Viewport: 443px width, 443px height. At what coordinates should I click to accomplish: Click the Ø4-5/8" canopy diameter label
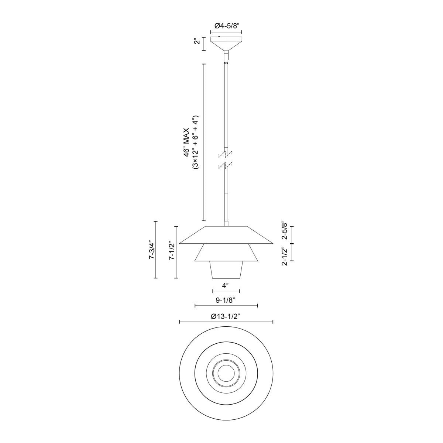[x=226, y=26]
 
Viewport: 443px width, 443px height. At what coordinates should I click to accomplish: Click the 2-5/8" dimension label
[x=284, y=230]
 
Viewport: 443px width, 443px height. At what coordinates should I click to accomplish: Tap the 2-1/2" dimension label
[x=284, y=256]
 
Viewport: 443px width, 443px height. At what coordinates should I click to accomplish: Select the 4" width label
[x=226, y=285]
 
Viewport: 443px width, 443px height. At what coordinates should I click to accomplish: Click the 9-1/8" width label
[x=226, y=300]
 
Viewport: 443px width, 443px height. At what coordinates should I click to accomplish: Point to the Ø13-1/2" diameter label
[x=226, y=316]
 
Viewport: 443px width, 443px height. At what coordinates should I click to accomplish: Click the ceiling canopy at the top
[x=226, y=43]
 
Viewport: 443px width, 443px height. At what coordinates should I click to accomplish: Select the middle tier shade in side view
[x=226, y=253]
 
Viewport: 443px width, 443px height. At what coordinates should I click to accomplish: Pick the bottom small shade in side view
[x=226, y=270]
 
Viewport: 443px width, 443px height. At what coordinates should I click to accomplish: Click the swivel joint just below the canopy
[x=226, y=57]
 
